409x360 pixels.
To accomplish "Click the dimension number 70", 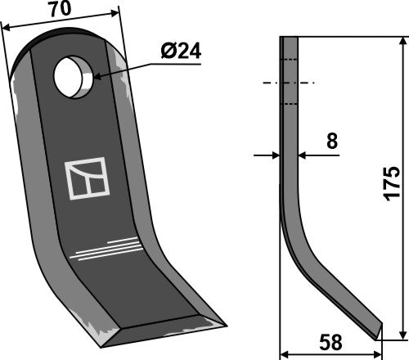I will (58, 12).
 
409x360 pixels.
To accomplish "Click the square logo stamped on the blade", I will (85, 180).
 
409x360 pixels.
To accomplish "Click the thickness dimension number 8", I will (331, 142).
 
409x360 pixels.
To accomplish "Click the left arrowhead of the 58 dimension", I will (285, 354).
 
